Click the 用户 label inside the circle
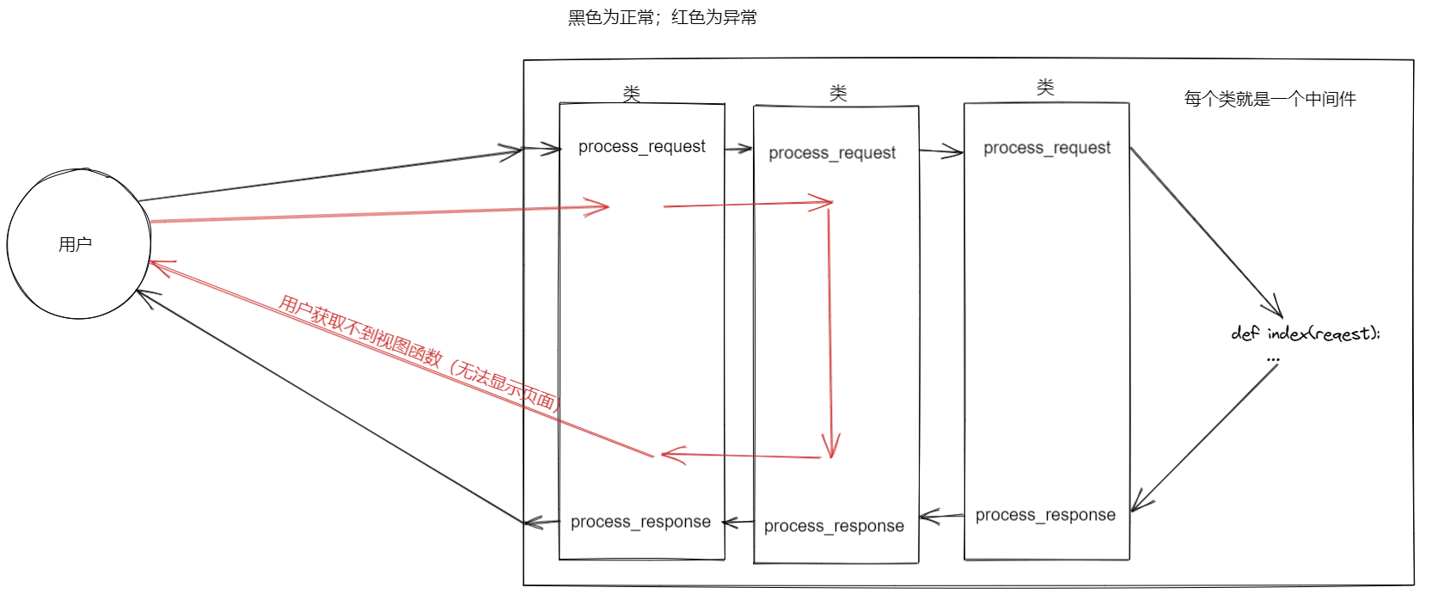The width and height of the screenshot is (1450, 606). (75, 245)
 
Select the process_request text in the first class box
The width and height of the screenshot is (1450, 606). (641, 147)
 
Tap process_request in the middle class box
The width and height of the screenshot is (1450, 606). (831, 153)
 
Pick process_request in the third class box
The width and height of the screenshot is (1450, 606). (1046, 148)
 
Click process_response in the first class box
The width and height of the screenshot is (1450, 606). (640, 522)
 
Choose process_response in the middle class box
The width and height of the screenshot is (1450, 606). (833, 526)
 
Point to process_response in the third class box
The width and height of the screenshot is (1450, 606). (1044, 515)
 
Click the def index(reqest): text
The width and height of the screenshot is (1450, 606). (1304, 334)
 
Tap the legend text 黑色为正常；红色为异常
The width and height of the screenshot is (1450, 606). (662, 17)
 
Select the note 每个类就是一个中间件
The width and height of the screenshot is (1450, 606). (1269, 99)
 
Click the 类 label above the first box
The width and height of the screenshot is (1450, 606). (632, 93)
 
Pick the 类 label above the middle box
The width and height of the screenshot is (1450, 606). (838, 93)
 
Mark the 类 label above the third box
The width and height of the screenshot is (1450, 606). (1045, 87)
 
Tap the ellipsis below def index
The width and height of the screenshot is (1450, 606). (1273, 359)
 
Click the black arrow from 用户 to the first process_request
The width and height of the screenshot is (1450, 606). (331, 176)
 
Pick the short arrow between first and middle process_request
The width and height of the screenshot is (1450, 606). (738, 150)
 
